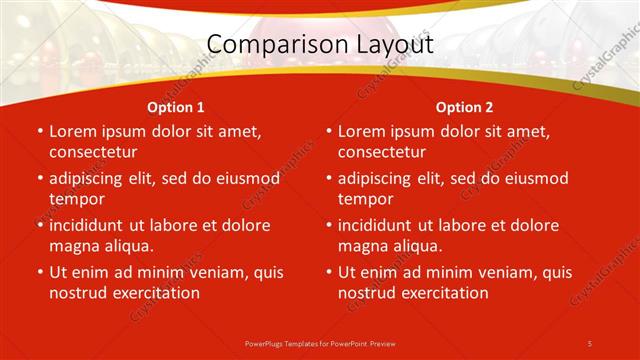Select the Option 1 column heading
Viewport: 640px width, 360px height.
point(176,107)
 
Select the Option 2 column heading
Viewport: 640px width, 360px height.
point(465,107)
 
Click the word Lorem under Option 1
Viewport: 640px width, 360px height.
point(72,131)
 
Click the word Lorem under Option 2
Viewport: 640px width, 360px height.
point(361,131)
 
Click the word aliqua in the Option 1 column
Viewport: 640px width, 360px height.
point(125,246)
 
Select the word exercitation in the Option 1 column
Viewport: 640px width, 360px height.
point(154,293)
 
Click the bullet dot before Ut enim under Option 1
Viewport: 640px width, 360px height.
point(39,272)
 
